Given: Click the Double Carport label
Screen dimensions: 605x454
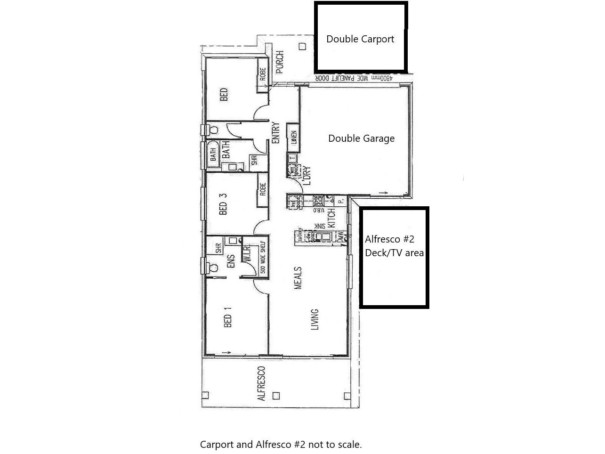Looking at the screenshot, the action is pos(360,39).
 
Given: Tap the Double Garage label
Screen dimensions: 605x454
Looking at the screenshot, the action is pos(361,138).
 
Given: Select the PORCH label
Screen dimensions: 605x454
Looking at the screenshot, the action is pos(280,62).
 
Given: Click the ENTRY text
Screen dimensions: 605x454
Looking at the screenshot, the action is pos(276,133).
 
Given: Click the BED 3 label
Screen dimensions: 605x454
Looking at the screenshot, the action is pos(224,202).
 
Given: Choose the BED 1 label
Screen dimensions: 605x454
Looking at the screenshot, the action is pos(228,317).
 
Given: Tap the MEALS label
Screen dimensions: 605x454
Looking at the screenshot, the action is pos(298,278).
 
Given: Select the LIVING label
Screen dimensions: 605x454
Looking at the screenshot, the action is pos(315,319).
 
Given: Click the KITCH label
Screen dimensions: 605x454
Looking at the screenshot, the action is pos(331,219).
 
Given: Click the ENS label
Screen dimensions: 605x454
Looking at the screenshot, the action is pos(231,262).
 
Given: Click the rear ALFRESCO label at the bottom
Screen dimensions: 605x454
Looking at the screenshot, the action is pos(262,383).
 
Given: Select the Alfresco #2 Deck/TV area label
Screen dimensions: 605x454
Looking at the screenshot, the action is pos(394,246).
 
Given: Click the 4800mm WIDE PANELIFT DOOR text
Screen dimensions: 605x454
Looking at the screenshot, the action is pos(354,78).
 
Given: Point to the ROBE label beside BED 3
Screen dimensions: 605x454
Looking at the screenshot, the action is pos(263,189).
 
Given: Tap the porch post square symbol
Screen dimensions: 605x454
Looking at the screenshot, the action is pos(303,46).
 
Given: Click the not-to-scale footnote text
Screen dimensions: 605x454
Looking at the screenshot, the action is pos(281,444).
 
